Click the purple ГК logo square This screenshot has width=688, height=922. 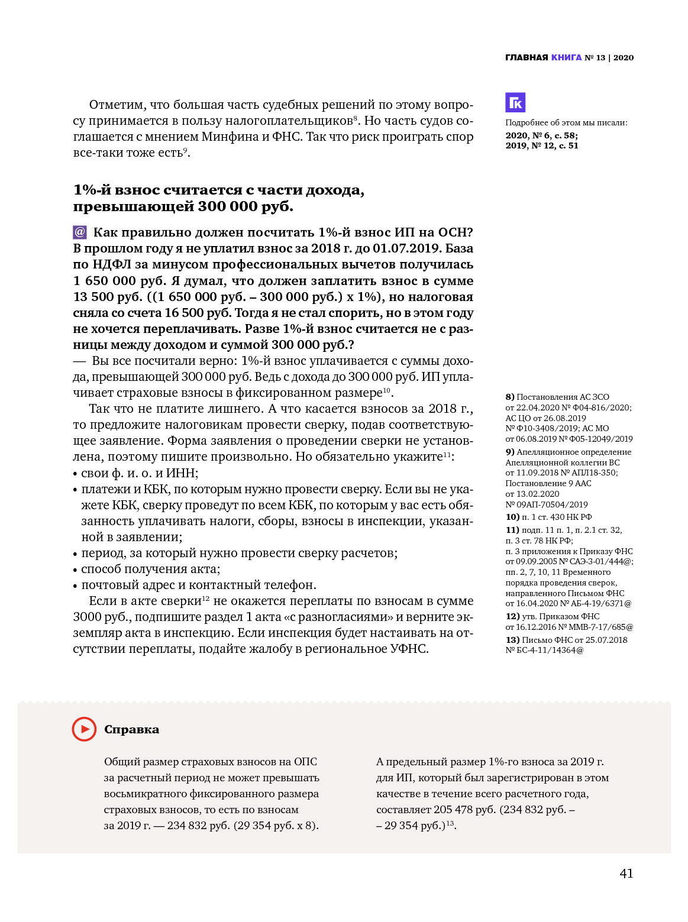[515, 103]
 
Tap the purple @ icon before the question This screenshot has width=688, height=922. [80, 232]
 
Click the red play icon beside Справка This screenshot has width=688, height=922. [84, 729]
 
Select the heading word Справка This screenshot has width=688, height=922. [131, 730]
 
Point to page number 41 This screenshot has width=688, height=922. [626, 874]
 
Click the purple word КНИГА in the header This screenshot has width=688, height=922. [566, 57]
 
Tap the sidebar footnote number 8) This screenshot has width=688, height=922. [510, 397]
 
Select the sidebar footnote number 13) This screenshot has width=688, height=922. [512, 640]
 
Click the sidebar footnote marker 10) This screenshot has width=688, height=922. [512, 517]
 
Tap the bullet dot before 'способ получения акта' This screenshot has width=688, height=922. [75, 570]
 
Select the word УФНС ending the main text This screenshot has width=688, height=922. [408, 649]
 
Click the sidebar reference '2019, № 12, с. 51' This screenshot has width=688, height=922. [541, 145]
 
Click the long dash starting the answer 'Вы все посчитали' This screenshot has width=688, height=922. [79, 361]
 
